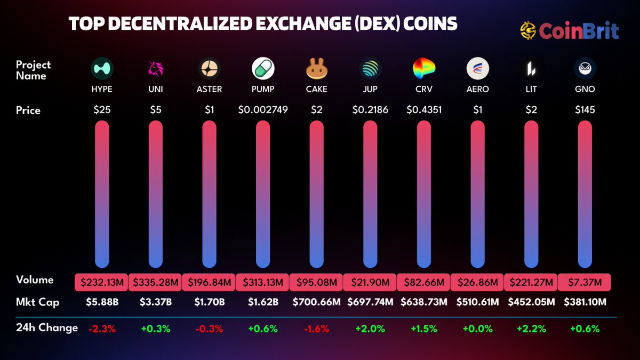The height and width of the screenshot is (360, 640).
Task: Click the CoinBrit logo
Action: coord(569,30)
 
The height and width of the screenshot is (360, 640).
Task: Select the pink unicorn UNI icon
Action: coord(155,68)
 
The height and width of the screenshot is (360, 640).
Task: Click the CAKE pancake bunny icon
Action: coord(316,69)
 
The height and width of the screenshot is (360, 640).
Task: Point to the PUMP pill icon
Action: coord(263,69)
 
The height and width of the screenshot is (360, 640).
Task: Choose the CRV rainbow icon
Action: coord(423,68)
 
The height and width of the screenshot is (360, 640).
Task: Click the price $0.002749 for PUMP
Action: coord(263,110)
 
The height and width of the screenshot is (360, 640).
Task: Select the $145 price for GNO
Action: coord(585,110)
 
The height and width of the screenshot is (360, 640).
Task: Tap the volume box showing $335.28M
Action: coord(155,282)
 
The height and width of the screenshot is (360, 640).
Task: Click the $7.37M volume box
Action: coord(585,282)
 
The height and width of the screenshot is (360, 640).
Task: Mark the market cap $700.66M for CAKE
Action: coord(316,302)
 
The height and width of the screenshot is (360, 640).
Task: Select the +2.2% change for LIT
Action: coord(531,329)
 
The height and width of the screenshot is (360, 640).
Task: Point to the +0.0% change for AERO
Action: coord(477,329)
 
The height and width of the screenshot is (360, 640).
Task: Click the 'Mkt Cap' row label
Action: coord(37,302)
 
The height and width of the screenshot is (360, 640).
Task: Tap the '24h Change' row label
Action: coord(46,327)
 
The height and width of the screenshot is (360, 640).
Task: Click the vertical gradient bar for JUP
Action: coord(370,194)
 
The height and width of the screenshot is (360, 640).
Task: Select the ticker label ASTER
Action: coord(209,89)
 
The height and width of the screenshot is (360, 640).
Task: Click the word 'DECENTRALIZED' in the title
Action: coord(166,25)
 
